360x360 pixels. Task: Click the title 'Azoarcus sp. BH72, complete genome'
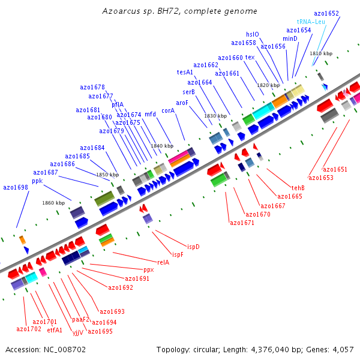pyautogui.click(x=179, y=11)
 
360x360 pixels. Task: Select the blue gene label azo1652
pyautogui.click(x=326, y=13)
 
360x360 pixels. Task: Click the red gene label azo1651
pyautogui.click(x=335, y=169)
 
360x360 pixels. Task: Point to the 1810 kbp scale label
pyautogui.click(x=321, y=53)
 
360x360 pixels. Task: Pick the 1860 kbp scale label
pyautogui.click(x=53, y=203)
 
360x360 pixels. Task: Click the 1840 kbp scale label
pyautogui.click(x=162, y=146)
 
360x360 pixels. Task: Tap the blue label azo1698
pyautogui.click(x=16, y=188)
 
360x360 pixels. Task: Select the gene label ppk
pyautogui.click(x=37, y=181)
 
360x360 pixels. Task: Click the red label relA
pyautogui.click(x=163, y=262)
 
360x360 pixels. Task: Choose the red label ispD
pyautogui.click(x=193, y=247)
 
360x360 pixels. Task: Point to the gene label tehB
pyautogui.click(x=298, y=188)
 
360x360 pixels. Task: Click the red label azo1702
pyautogui.click(x=29, y=329)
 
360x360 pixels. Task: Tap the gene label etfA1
pyautogui.click(x=55, y=329)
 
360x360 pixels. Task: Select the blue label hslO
pyautogui.click(x=253, y=34)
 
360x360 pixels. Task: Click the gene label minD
pyautogui.click(x=290, y=38)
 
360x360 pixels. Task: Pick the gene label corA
pyautogui.click(x=168, y=110)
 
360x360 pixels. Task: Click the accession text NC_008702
pyautogui.click(x=46, y=349)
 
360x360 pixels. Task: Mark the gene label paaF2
pyautogui.click(x=81, y=319)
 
